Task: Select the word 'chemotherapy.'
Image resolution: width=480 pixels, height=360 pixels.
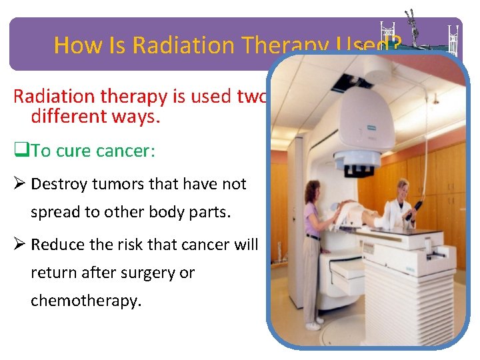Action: [86, 301]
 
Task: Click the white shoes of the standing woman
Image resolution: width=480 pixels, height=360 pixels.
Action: [313, 326]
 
